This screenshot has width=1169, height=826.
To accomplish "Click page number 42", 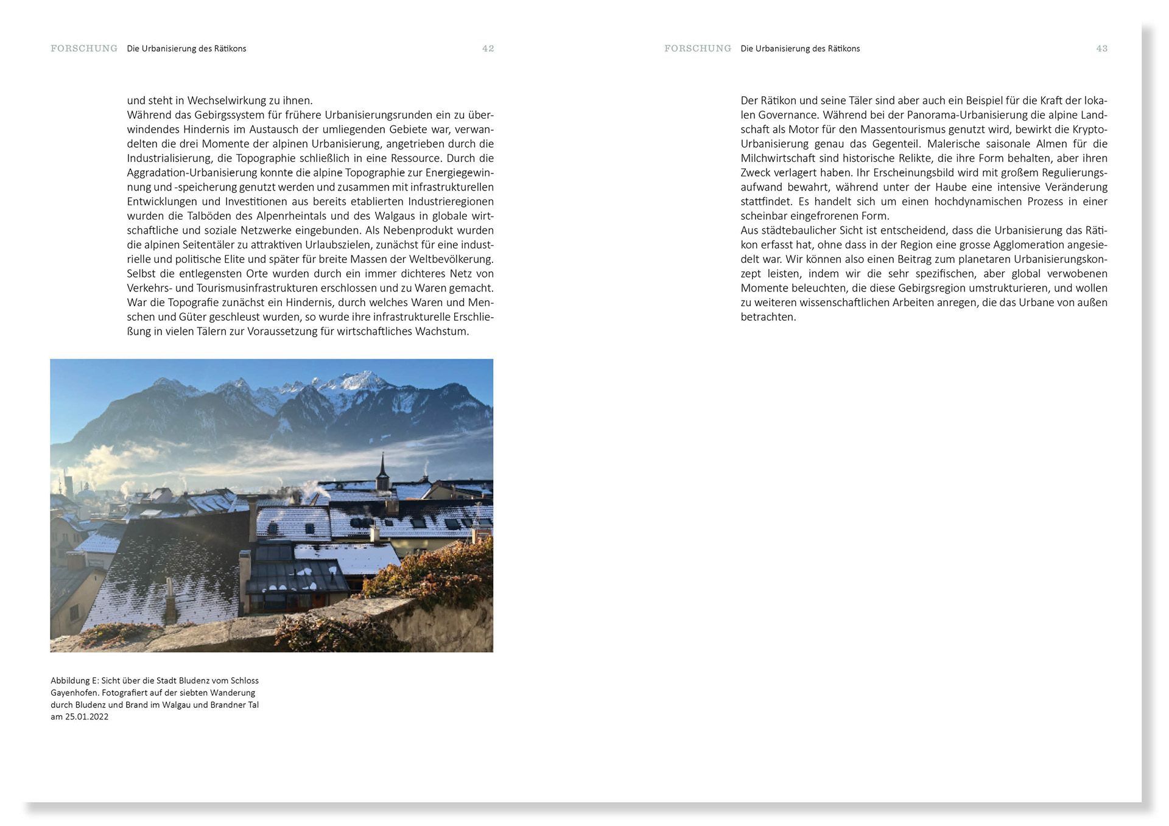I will pos(488,49).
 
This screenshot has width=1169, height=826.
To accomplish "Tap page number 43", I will pos(1101,49).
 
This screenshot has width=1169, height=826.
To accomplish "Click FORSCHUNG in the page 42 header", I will pos(84,49).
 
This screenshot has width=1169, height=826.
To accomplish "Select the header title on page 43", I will pos(800,49).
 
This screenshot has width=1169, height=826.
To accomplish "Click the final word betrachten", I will pos(768,317).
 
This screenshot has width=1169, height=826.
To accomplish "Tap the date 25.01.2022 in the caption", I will pos(86,717).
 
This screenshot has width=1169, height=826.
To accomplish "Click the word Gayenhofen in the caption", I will pos(74,693).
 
